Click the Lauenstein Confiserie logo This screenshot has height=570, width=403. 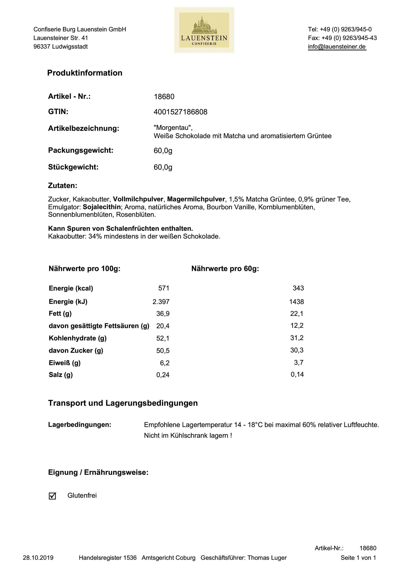pyautogui.click(x=204, y=30)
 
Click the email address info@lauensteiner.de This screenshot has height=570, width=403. pyautogui.click(x=337, y=47)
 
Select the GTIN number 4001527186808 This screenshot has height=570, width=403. pyautogui.click(x=180, y=112)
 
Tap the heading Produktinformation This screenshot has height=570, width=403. pyautogui.click(x=85, y=73)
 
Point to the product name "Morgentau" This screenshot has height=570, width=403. pyautogui.click(x=173, y=128)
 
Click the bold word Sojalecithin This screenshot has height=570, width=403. pyautogui.click(x=102, y=207)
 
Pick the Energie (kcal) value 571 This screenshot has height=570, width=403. pyautogui.click(x=164, y=288)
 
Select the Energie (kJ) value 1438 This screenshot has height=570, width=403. pyautogui.click(x=297, y=302)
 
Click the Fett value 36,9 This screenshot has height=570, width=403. pyautogui.click(x=163, y=314)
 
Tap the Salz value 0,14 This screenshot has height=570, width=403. pyautogui.click(x=297, y=374)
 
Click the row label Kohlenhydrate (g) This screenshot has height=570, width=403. pyautogui.click(x=78, y=338)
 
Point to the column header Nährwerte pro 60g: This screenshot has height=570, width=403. pyautogui.click(x=225, y=269)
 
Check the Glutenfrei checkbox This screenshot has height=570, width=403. pyautogui.click(x=52, y=496)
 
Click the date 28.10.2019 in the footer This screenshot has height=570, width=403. pyautogui.click(x=38, y=558)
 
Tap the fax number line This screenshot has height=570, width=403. pyautogui.click(x=342, y=38)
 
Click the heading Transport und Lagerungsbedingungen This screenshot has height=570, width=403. pyautogui.click(x=123, y=403)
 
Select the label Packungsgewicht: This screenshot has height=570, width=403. pyautogui.click(x=81, y=151)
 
